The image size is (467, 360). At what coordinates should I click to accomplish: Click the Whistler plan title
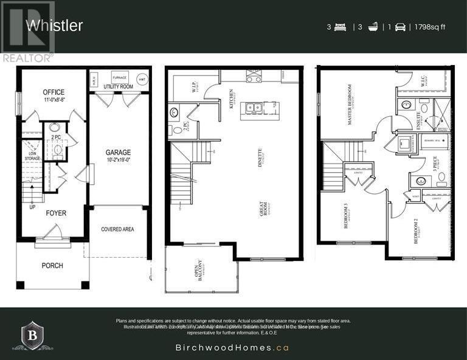(x=54, y=26)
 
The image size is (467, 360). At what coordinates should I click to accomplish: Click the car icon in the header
(x=400, y=27)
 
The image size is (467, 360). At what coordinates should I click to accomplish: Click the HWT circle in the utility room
(x=142, y=80)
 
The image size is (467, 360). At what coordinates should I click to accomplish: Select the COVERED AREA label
(x=117, y=229)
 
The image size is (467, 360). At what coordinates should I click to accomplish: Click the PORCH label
(x=52, y=266)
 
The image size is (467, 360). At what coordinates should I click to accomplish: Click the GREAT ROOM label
(x=265, y=207)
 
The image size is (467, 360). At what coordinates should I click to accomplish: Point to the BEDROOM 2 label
(x=417, y=231)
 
